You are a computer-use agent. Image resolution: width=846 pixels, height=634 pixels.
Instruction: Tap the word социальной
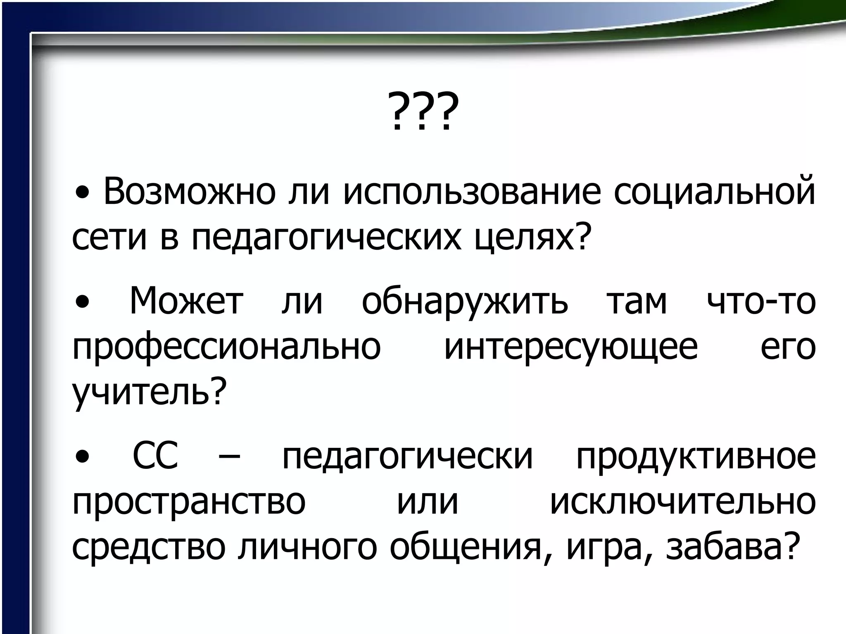pos(714,192)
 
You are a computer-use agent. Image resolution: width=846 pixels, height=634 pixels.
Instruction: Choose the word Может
pos(186,301)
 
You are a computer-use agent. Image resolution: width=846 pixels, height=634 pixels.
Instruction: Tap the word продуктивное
pos(696,458)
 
